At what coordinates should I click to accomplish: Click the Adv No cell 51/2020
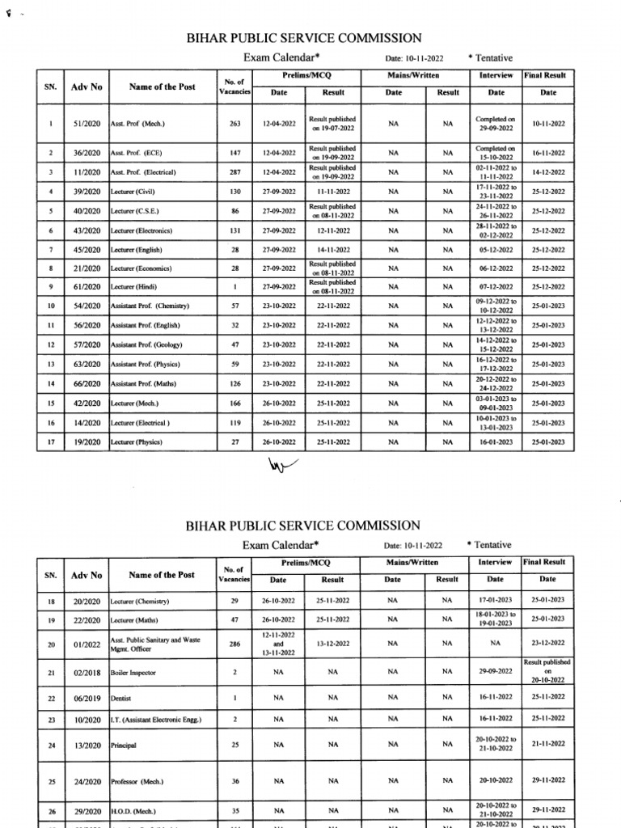pyautogui.click(x=86, y=124)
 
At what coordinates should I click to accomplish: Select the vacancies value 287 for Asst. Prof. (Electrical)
pyautogui.click(x=234, y=172)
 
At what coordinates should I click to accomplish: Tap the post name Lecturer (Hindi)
pyautogui.click(x=133, y=286)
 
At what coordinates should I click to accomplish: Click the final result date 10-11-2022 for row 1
pyautogui.click(x=549, y=124)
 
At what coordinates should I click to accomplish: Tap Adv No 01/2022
pyautogui.click(x=86, y=644)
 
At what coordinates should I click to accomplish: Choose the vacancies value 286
pyautogui.click(x=234, y=644)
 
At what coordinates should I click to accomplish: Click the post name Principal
pyautogui.click(x=124, y=745)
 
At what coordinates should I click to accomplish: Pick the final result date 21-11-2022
pyautogui.click(x=548, y=745)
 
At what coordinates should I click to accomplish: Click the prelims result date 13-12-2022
pyautogui.click(x=332, y=644)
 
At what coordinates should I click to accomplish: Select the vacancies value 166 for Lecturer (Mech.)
pyautogui.click(x=234, y=403)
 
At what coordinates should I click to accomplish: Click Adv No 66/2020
pyautogui.click(x=86, y=384)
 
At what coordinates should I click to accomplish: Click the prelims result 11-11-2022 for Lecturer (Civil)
pyautogui.click(x=332, y=192)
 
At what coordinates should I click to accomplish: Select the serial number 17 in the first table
pyautogui.click(x=51, y=442)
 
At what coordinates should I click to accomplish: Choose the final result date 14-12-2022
pyautogui.click(x=549, y=172)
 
